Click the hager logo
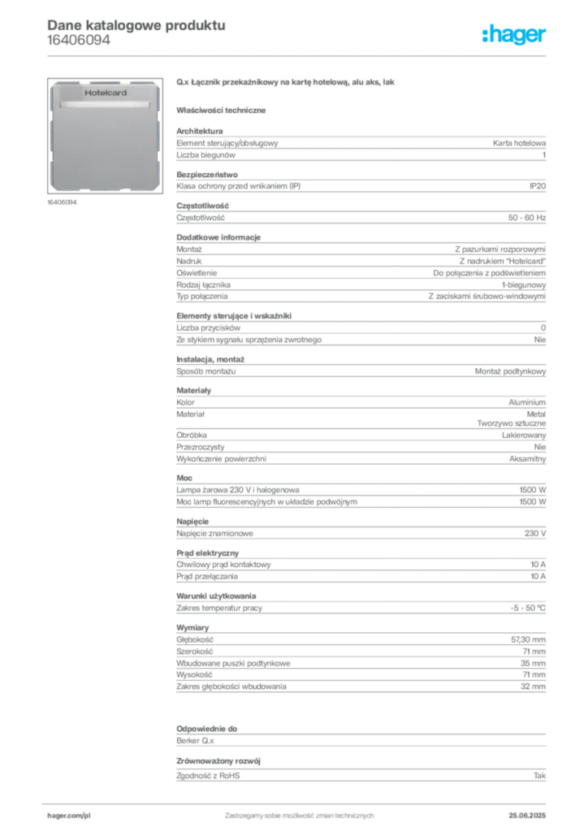click(514, 35)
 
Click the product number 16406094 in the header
click(79, 41)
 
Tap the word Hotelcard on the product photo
click(106, 93)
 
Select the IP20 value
click(538, 186)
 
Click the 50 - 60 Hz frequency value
click(527, 218)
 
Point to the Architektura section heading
click(199, 131)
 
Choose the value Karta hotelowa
click(519, 143)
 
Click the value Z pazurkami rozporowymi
click(500, 249)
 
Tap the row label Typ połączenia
click(202, 297)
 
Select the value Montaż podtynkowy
click(510, 371)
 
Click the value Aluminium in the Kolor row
click(527, 403)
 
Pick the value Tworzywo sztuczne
click(511, 423)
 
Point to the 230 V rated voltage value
click(535, 533)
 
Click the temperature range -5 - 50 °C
click(528, 608)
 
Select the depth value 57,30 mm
click(528, 640)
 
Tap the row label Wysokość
click(194, 675)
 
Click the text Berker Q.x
click(195, 741)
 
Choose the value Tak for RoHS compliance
click(540, 776)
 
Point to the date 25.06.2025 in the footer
click(527, 816)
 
